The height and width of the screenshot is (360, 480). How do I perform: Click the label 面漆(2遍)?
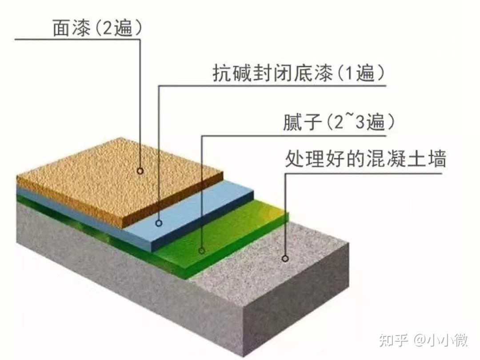click(97, 28)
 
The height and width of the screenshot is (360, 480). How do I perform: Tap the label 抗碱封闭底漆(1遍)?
click(299, 73)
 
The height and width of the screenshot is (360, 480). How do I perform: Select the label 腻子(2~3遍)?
click(339, 122)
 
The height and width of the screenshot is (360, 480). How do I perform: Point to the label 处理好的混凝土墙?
click(365, 159)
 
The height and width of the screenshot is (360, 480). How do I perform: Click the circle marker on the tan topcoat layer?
click(140, 171)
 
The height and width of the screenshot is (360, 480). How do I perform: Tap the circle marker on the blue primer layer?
click(159, 223)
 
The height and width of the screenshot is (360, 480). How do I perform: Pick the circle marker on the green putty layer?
click(201, 251)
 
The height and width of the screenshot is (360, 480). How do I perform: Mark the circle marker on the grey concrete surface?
click(285, 259)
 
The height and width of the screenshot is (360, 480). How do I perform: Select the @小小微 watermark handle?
click(441, 340)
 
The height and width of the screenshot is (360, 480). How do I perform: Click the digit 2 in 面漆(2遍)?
click(108, 28)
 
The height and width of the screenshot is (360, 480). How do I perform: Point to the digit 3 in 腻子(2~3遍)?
click(360, 123)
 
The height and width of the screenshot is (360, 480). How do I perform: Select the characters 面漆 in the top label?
click(72, 28)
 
